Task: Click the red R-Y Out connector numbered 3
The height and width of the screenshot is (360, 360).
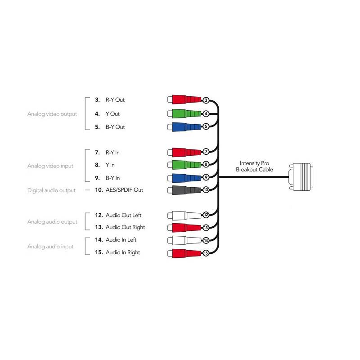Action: (x=185, y=99)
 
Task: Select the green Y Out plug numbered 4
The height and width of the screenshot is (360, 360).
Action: (x=185, y=113)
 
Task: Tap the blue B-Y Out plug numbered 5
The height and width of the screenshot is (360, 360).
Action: (x=185, y=127)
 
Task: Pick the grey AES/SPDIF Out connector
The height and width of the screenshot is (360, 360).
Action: (x=185, y=190)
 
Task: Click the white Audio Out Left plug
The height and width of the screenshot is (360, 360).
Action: (x=185, y=216)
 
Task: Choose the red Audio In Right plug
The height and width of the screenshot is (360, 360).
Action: (x=185, y=253)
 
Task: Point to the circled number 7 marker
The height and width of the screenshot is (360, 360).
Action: (x=206, y=152)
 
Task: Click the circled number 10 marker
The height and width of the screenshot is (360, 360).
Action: (x=206, y=189)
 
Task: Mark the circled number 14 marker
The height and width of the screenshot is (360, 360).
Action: (x=206, y=240)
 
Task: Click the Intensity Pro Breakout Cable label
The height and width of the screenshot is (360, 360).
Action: (x=254, y=166)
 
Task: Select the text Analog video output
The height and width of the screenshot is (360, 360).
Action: (x=52, y=114)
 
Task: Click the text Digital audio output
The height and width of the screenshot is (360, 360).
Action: (x=51, y=190)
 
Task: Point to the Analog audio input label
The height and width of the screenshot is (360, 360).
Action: (x=50, y=246)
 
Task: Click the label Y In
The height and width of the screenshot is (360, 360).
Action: (x=110, y=165)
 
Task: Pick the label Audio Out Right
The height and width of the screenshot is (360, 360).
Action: (x=126, y=227)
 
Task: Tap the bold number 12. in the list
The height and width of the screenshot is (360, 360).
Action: (x=99, y=215)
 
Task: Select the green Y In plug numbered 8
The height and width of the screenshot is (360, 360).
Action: (x=185, y=165)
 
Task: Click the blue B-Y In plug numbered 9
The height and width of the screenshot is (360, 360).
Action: (x=185, y=178)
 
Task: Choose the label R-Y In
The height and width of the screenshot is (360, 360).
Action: (x=112, y=153)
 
